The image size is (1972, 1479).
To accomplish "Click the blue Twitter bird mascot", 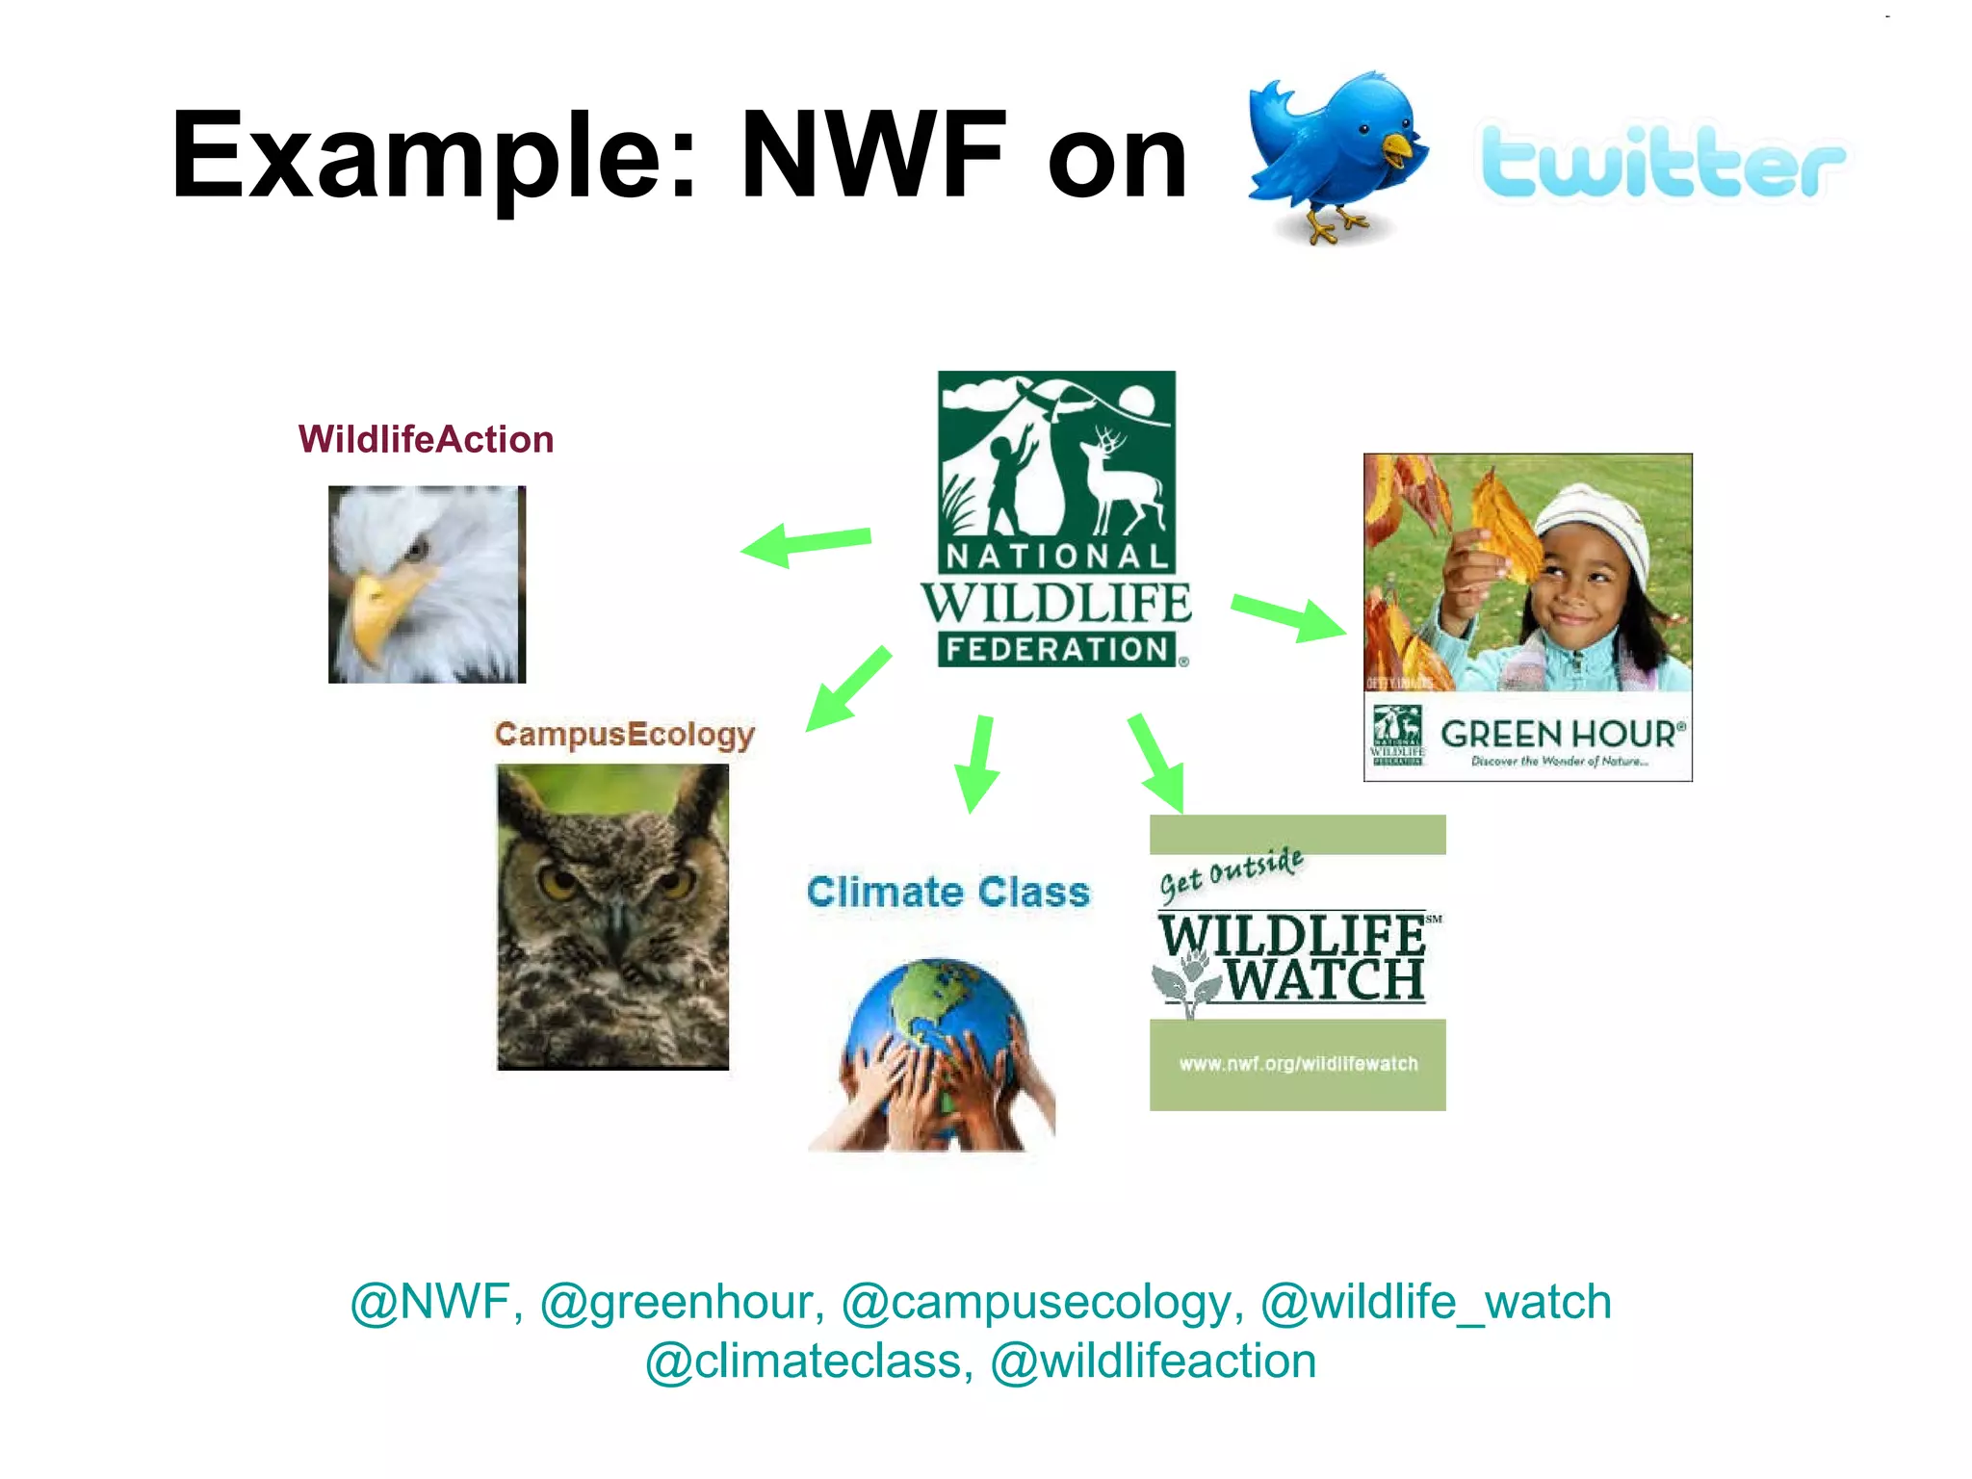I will point(1334,154).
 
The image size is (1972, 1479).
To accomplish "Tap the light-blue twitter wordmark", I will point(1662,164).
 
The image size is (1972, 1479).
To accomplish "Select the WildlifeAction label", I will point(426,440).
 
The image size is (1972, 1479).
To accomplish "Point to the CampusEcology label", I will point(624,735).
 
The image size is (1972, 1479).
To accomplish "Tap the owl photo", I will point(612,916).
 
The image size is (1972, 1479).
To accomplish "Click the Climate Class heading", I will point(948,892).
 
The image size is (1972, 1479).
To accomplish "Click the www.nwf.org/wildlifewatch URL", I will point(1298,1064).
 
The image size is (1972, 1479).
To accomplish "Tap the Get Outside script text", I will point(1231,874).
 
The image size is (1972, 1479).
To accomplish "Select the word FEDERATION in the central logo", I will point(1056,650).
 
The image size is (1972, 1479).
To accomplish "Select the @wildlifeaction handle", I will point(1153,1362).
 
